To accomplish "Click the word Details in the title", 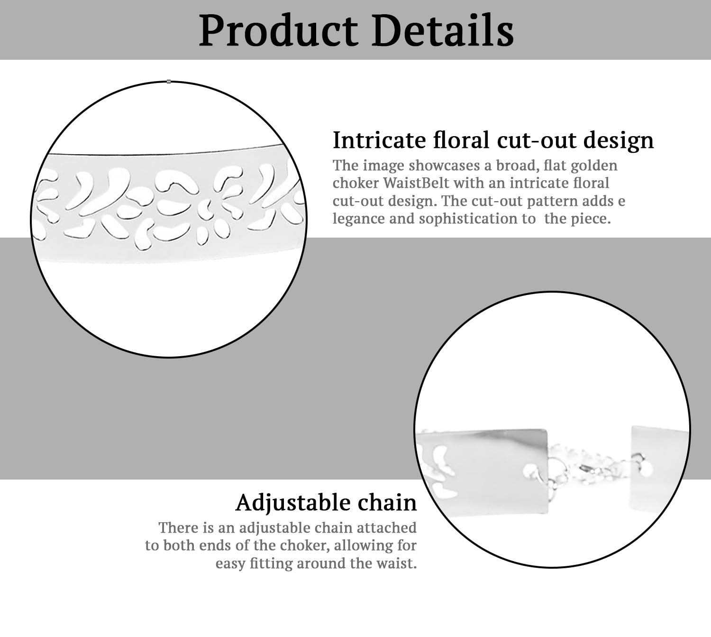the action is coord(443,30).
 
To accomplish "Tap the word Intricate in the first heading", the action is coord(379,140).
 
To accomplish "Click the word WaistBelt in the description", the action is coord(416,183).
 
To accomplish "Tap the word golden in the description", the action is coord(594,166).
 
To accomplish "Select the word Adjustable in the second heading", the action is coord(293,503).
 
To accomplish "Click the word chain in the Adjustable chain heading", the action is coord(387,502).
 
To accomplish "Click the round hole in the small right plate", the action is coord(647,469).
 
